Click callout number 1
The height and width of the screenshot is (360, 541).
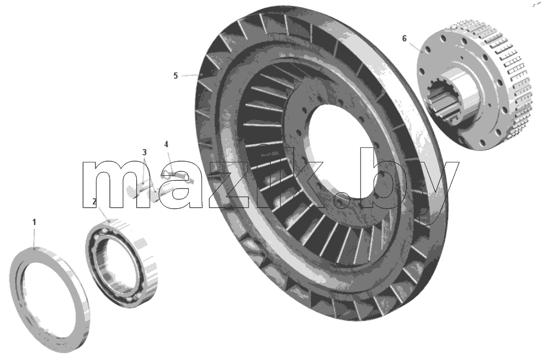(34, 222)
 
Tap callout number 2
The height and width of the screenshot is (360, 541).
(94, 201)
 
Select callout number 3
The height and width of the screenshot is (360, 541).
(145, 152)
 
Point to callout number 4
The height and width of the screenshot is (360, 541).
(166, 144)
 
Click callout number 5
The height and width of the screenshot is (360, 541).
(176, 75)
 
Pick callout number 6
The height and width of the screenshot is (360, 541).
(405, 39)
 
